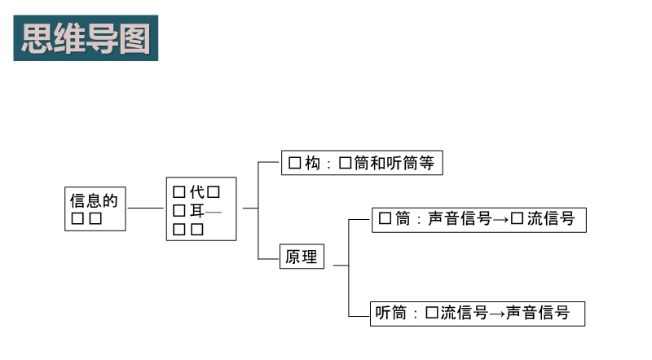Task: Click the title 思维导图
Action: point(86,38)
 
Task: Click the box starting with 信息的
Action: point(95,209)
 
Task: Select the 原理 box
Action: point(302,257)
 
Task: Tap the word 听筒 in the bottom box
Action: point(390,313)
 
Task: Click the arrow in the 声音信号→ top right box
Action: point(500,219)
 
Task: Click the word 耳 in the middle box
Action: point(196,211)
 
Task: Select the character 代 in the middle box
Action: point(196,192)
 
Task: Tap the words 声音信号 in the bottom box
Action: point(537,313)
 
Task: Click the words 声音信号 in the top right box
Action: point(460,219)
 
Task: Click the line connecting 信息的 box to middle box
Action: point(146,209)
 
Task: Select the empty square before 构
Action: point(295,163)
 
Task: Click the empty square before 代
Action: point(179,192)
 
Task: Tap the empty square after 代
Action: point(214,192)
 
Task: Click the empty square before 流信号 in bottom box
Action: point(432,313)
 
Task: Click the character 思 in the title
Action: point(37,38)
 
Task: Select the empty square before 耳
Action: point(179,211)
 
